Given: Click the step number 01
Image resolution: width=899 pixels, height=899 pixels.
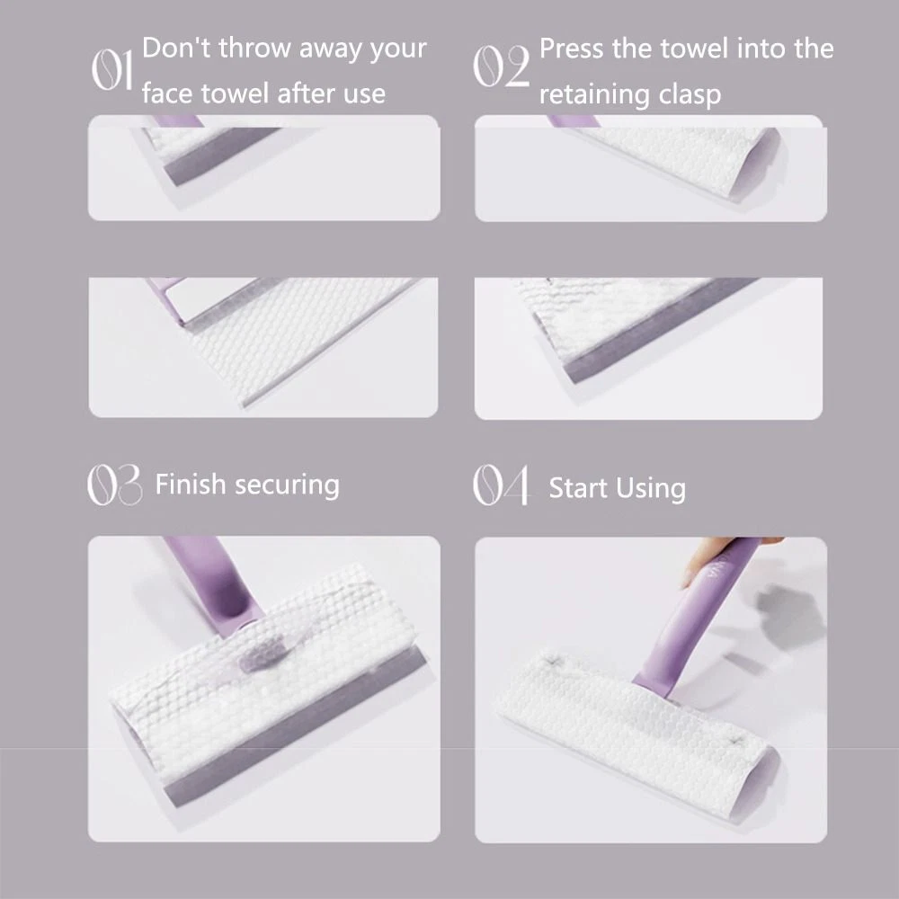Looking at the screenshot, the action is tap(112, 70).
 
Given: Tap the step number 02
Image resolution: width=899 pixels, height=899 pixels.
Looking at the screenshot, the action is tap(501, 67).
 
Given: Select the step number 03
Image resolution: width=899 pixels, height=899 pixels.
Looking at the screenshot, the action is tap(114, 485).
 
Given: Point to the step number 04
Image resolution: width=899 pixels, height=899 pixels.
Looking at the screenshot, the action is tap(501, 485).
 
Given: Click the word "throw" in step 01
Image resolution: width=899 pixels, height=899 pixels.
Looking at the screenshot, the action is tap(255, 48).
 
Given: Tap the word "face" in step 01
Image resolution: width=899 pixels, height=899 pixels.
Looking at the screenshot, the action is tap(169, 93).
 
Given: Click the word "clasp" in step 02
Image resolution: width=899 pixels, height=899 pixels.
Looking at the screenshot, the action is tap(690, 95).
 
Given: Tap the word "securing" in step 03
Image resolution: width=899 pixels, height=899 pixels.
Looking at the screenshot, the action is tap(288, 486).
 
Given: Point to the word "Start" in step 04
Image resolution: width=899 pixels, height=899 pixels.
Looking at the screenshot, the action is tap(578, 488).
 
